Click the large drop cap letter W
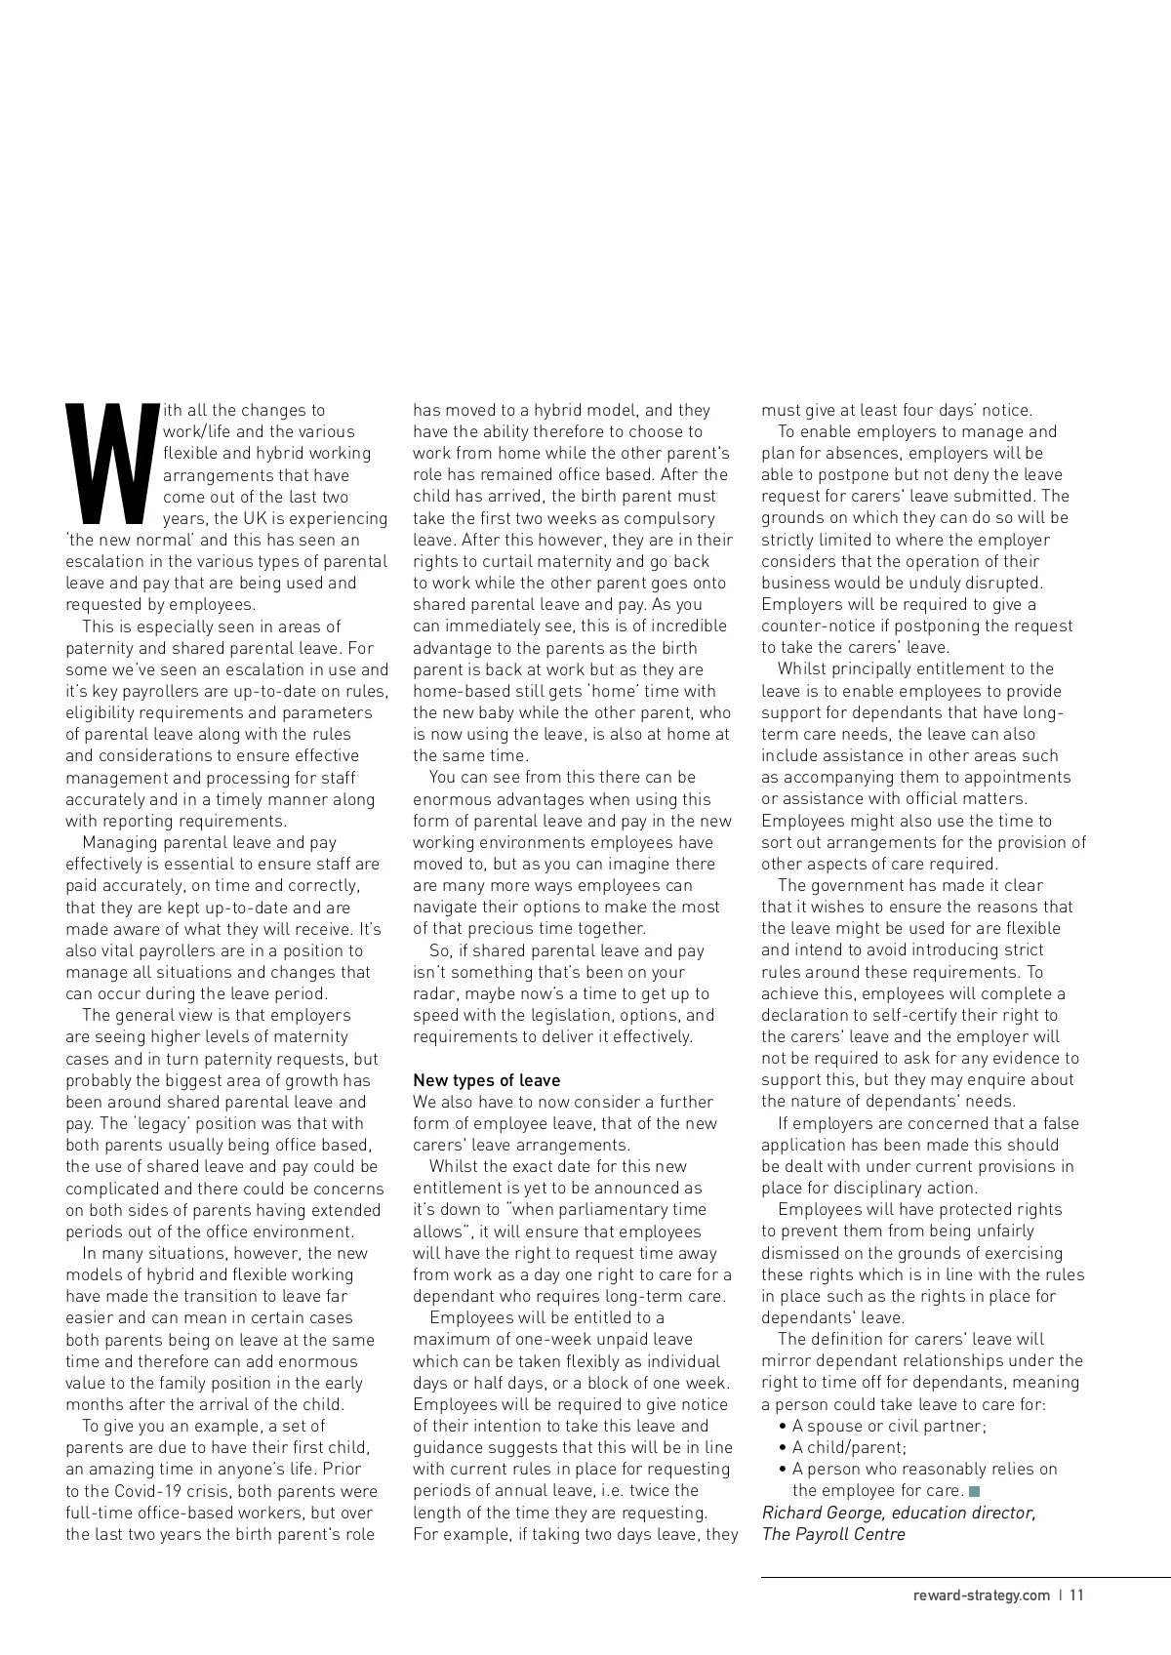coord(110,462)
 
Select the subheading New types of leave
coord(487,1080)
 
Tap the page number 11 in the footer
coord(1076,1595)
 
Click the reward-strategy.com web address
coord(982,1595)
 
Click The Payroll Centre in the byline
coord(833,1534)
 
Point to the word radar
coord(435,993)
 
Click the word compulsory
coord(668,518)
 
